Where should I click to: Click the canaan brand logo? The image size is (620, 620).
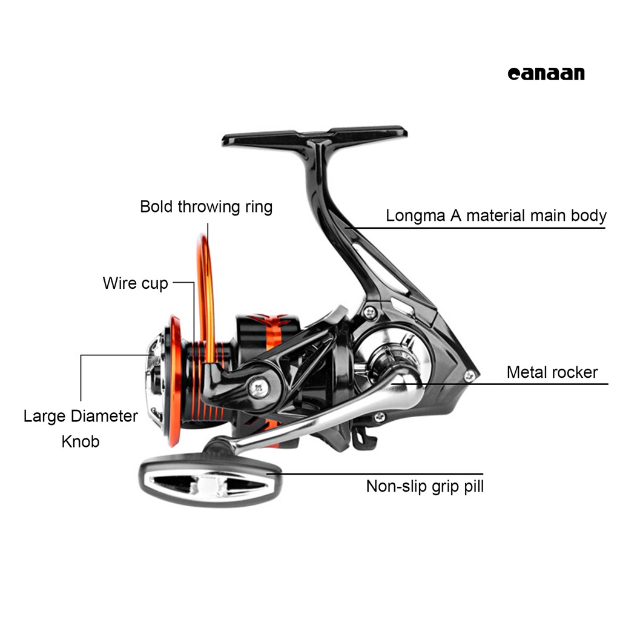[546, 73]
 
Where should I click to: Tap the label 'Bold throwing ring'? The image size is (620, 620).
[206, 206]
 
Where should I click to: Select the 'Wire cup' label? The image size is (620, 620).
[135, 283]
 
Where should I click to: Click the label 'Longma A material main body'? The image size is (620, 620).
[496, 216]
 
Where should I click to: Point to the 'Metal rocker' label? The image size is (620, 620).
[552, 372]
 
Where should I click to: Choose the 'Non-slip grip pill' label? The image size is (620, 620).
[424, 486]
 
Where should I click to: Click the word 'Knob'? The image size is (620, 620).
[81, 441]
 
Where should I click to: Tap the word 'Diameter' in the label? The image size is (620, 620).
[104, 416]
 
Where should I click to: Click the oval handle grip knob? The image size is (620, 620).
[209, 483]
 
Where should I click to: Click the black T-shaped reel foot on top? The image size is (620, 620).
[315, 134]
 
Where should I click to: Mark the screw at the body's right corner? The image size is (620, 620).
[469, 376]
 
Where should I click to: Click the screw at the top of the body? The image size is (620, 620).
[368, 311]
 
